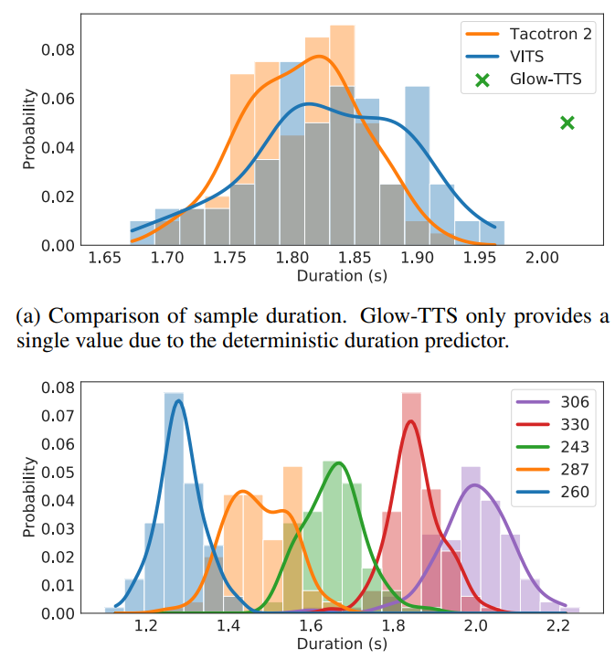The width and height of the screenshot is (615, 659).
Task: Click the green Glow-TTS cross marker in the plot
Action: pos(567,122)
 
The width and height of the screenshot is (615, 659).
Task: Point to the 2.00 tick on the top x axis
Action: pos(541,260)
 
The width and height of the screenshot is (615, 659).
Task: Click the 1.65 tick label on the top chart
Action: pos(107,260)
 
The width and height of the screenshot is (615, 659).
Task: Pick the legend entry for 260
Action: pos(576,493)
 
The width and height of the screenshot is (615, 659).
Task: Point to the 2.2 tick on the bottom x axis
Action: pos(560,627)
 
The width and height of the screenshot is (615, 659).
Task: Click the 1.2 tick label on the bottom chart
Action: pos(144,627)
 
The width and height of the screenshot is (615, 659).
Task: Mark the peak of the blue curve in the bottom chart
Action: pos(178,400)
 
